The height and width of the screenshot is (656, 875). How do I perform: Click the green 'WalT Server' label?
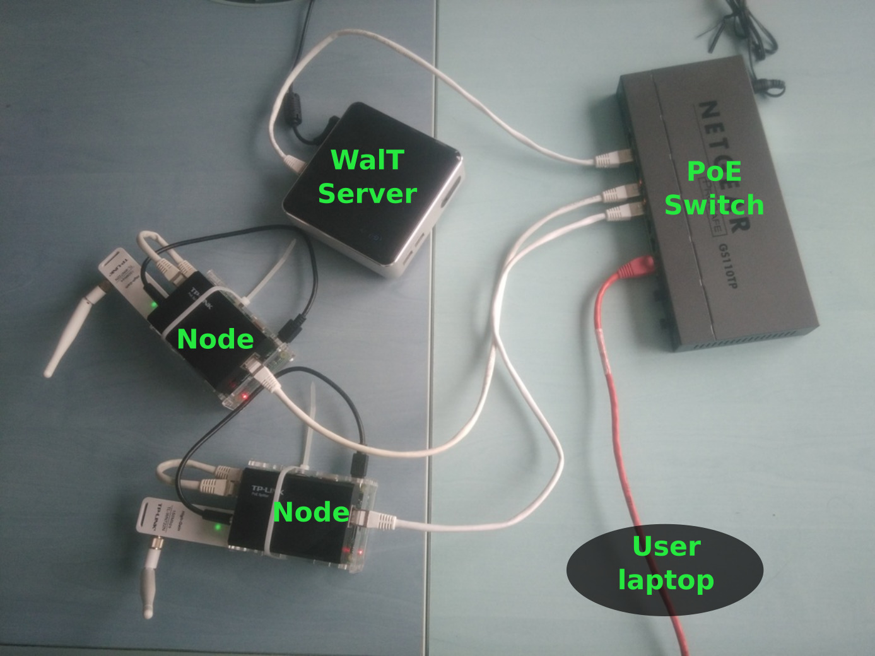pyautogui.click(x=367, y=177)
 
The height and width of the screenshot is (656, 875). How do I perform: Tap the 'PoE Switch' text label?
pyautogui.click(x=714, y=188)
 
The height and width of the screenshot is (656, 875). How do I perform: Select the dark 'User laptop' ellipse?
pyautogui.click(x=665, y=570)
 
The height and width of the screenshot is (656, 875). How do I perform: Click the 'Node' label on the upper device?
pyautogui.click(x=215, y=339)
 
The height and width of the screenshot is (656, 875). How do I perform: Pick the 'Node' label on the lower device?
pyautogui.click(x=311, y=512)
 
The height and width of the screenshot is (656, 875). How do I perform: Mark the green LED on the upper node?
pyautogui.click(x=153, y=305)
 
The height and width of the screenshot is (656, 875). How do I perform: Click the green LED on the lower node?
pyautogui.click(x=218, y=525)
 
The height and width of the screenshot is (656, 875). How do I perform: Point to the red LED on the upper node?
pyautogui.click(x=244, y=395)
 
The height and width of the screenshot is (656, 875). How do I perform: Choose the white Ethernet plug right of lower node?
pyautogui.click(x=376, y=520)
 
